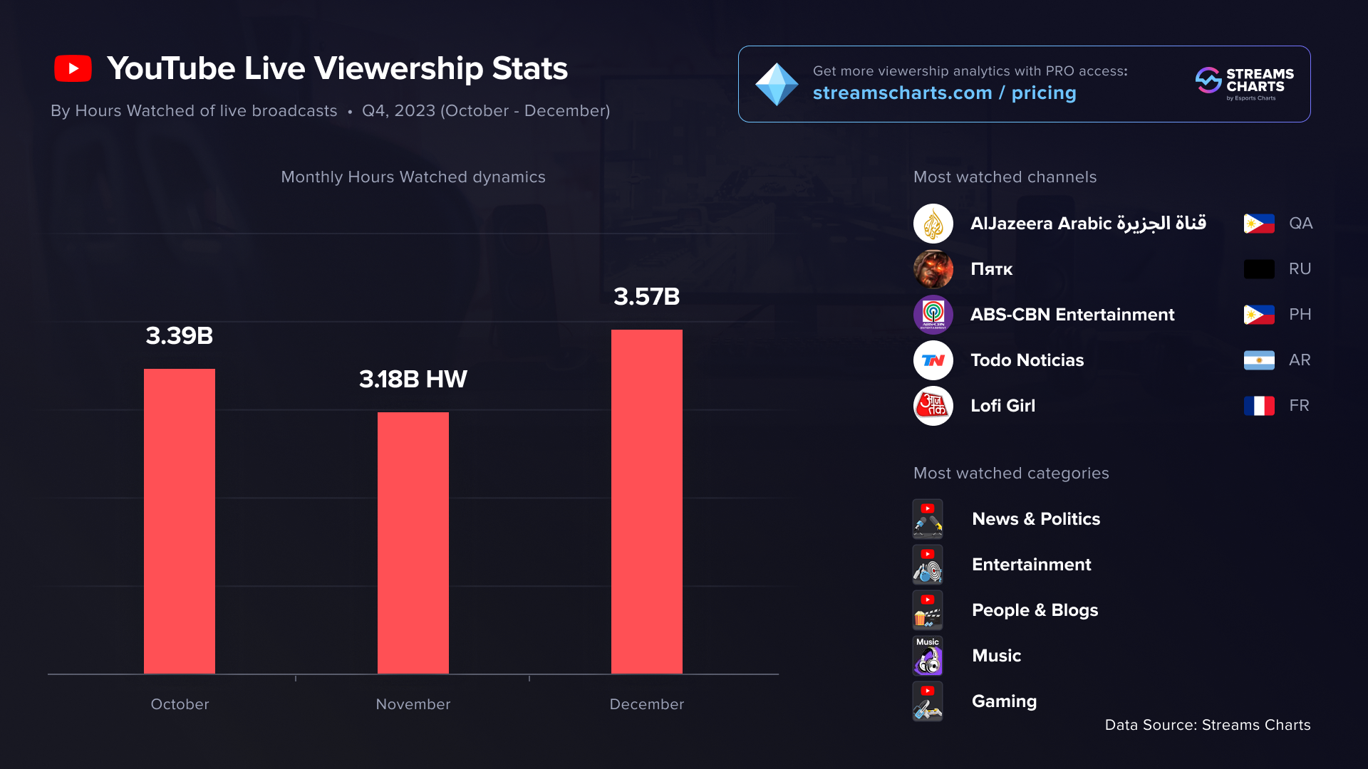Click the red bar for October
point(180,520)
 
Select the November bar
point(413,543)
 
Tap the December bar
point(647,501)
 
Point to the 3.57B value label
point(647,297)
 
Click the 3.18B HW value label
point(413,380)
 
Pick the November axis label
point(413,704)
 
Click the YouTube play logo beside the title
point(73,69)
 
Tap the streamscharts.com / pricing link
point(944,93)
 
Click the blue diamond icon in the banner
point(777,84)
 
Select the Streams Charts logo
point(1244,84)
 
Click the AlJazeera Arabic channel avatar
point(933,224)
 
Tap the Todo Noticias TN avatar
point(933,360)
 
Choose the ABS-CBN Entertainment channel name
point(1072,315)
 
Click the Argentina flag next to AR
point(1259,360)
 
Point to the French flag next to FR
point(1259,406)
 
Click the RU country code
point(1300,269)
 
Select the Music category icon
point(928,656)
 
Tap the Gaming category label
point(1004,701)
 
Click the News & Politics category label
point(1036,519)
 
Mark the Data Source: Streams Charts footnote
point(1208,725)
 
